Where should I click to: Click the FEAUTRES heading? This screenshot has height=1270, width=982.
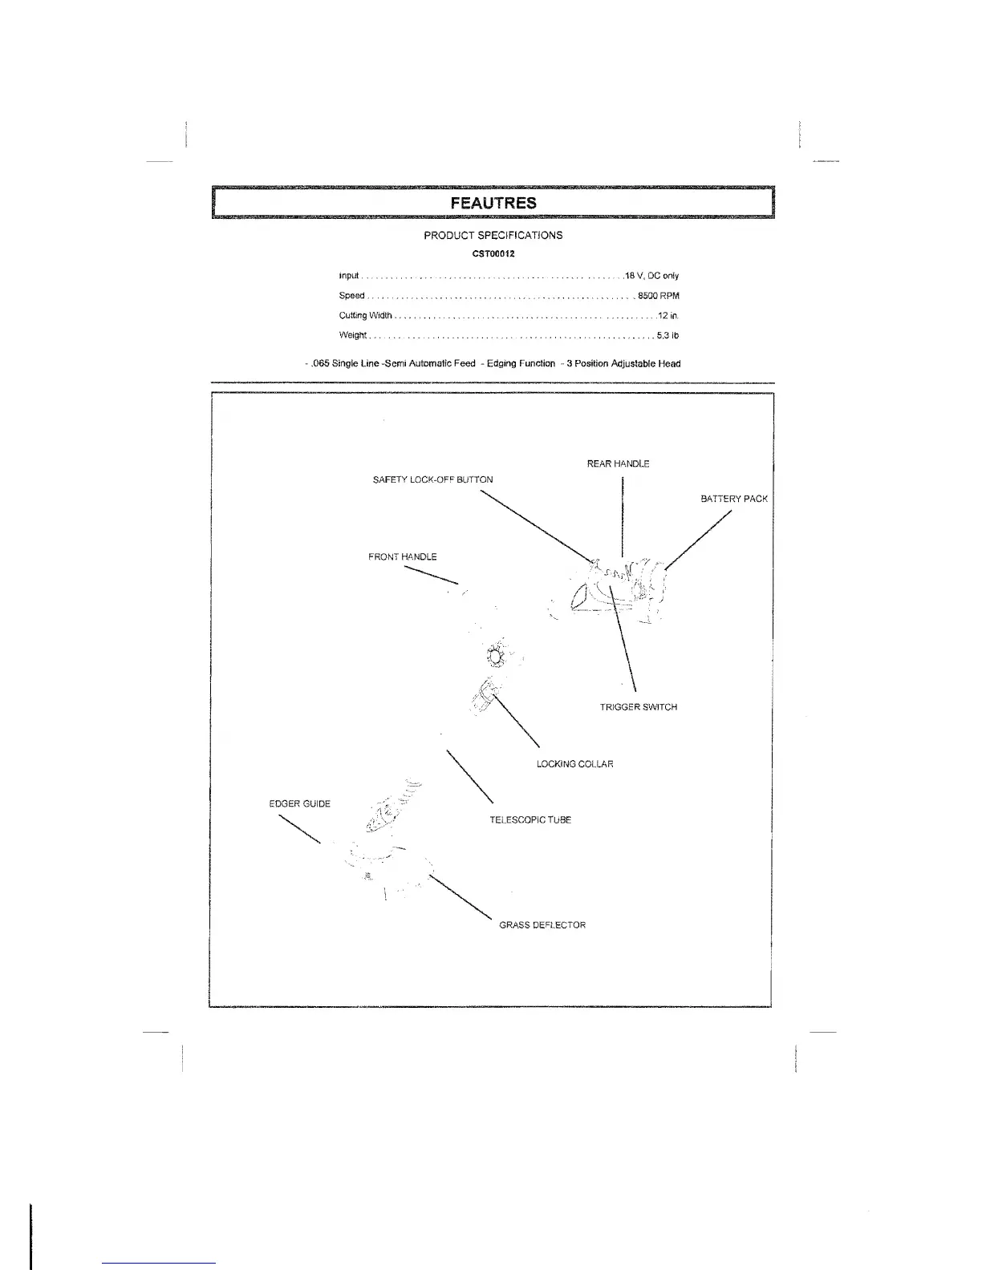(493, 202)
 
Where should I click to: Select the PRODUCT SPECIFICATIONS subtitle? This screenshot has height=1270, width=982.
(493, 236)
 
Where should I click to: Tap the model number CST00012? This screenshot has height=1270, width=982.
(493, 254)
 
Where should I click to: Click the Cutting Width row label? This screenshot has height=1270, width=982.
(365, 316)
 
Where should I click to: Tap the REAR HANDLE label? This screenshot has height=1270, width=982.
(618, 464)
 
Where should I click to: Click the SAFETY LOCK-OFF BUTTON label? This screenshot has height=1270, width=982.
(432, 479)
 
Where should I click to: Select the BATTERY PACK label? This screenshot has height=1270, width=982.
(733, 499)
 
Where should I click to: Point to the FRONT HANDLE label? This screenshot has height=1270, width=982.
(402, 556)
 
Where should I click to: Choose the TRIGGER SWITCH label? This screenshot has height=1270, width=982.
(638, 707)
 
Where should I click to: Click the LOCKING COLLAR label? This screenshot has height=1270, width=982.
(574, 764)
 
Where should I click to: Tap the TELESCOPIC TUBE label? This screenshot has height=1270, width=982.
(530, 820)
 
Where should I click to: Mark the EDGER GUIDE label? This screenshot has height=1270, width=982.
(299, 803)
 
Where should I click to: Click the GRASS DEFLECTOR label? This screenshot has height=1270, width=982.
(542, 925)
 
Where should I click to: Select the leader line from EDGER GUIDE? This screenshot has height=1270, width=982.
(299, 829)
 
